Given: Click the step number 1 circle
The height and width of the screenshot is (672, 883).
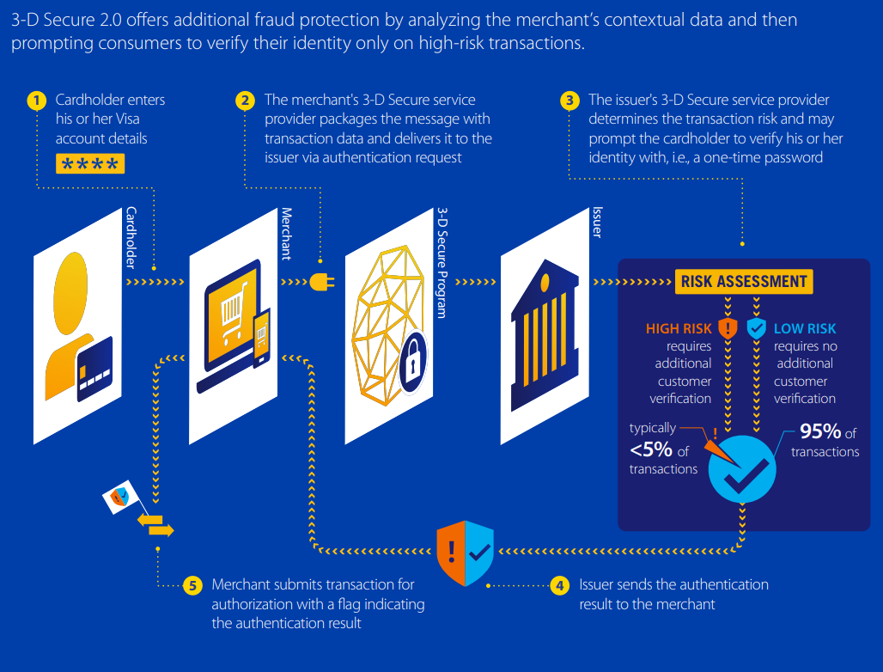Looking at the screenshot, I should (36, 101).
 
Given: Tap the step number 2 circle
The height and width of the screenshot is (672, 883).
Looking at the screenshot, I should (245, 101).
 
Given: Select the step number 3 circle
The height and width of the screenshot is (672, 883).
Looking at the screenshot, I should (569, 101).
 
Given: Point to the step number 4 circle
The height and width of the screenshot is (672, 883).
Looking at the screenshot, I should (559, 586).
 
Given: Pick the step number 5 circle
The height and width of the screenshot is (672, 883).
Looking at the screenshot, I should (192, 586).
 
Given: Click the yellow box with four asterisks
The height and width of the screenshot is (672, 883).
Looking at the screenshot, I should (90, 164).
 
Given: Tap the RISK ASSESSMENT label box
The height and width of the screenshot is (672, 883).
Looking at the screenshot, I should (744, 281).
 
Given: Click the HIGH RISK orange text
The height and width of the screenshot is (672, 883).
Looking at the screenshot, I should (679, 328).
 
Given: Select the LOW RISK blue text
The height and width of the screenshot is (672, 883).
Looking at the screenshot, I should (805, 328).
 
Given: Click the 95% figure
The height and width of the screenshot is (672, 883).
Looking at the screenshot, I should (821, 432).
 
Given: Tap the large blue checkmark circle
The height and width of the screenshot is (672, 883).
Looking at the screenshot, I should (742, 470).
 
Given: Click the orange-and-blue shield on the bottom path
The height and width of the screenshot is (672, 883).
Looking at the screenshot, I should (465, 552).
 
